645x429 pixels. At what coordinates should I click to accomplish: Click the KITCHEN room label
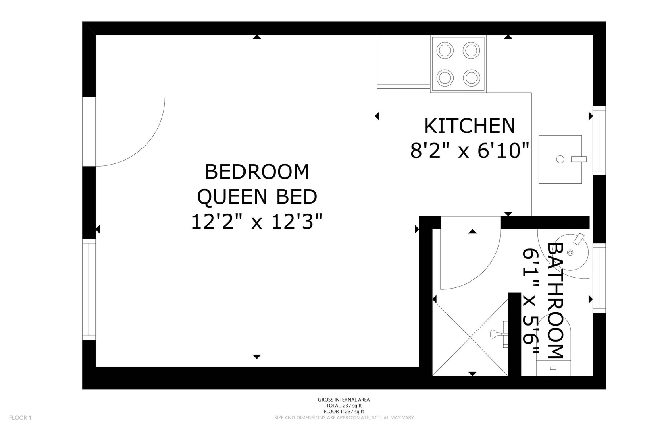469,126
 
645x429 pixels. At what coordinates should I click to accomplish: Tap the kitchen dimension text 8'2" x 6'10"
470,151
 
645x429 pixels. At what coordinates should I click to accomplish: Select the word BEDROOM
257,172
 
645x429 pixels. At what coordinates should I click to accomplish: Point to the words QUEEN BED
257,197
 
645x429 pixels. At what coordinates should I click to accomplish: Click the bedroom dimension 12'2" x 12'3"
256,222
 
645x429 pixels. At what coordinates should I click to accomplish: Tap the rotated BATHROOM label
555,301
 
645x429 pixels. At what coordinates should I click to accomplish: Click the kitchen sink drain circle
560,159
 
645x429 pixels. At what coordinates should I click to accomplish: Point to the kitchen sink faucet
579,159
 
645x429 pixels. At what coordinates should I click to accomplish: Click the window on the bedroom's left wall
89,289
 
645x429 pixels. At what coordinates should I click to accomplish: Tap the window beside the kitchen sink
599,140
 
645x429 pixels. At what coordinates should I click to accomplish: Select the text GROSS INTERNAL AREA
344,400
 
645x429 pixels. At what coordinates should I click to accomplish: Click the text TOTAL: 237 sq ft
344,406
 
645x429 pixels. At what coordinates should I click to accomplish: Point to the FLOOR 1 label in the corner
20,418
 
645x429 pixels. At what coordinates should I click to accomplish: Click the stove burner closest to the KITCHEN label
472,78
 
